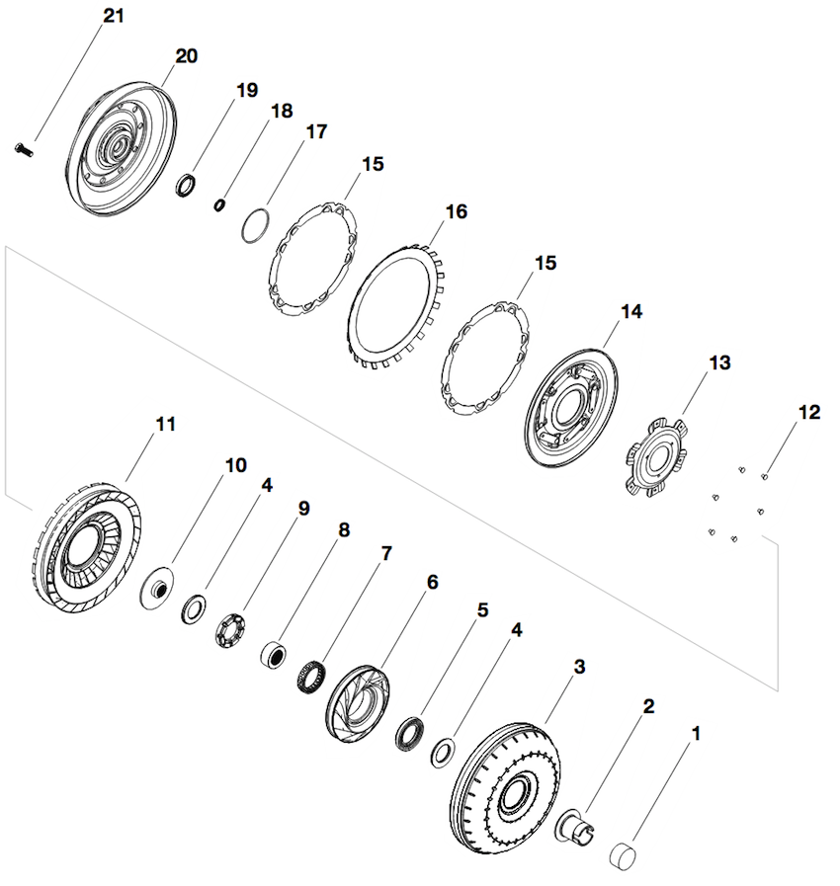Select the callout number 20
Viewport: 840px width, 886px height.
point(186,56)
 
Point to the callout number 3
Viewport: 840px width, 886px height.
point(579,667)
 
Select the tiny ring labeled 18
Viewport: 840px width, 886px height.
point(221,204)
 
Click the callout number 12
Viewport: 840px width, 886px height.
point(809,413)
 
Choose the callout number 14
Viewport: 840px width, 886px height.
point(631,312)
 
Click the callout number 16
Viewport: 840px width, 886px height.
point(456,212)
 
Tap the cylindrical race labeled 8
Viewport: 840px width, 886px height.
point(272,654)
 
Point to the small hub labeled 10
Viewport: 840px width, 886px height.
point(157,590)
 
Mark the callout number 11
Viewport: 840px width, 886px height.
point(165,424)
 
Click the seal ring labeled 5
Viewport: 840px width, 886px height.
point(408,733)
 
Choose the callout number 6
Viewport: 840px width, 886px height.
point(432,583)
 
